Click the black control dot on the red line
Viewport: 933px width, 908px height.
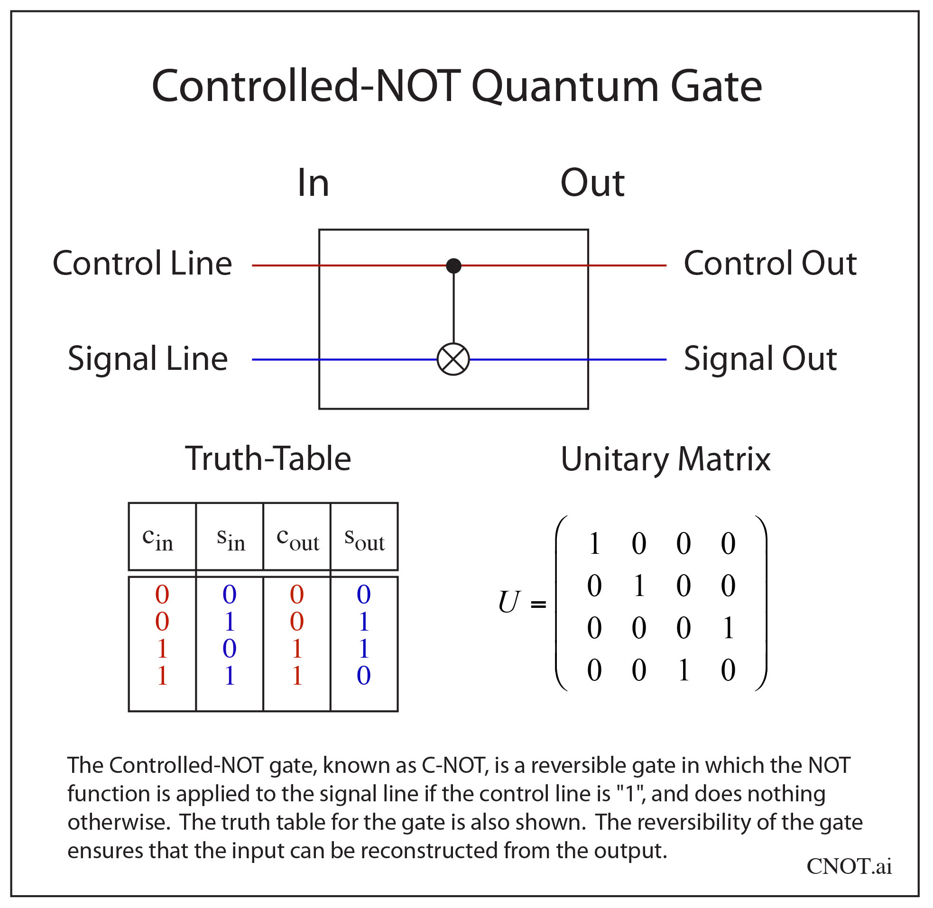coord(453,266)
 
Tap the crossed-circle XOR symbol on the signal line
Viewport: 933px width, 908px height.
coord(453,359)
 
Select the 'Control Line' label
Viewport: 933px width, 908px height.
coord(142,263)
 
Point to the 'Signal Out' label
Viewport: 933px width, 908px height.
coord(760,358)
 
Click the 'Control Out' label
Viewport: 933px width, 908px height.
coord(770,263)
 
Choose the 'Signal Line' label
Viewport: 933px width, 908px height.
coord(148,358)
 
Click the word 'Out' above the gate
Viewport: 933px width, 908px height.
coord(592,183)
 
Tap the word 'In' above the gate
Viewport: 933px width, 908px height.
coord(313,183)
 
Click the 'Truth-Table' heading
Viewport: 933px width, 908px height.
coord(268,459)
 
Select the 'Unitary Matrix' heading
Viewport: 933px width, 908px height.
coord(665,459)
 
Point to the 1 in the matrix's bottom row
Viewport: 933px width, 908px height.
coord(684,670)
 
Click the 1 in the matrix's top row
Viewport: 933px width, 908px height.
coord(594,544)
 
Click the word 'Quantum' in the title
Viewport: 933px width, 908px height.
coord(565,87)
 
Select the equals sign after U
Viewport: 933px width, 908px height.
coord(538,605)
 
